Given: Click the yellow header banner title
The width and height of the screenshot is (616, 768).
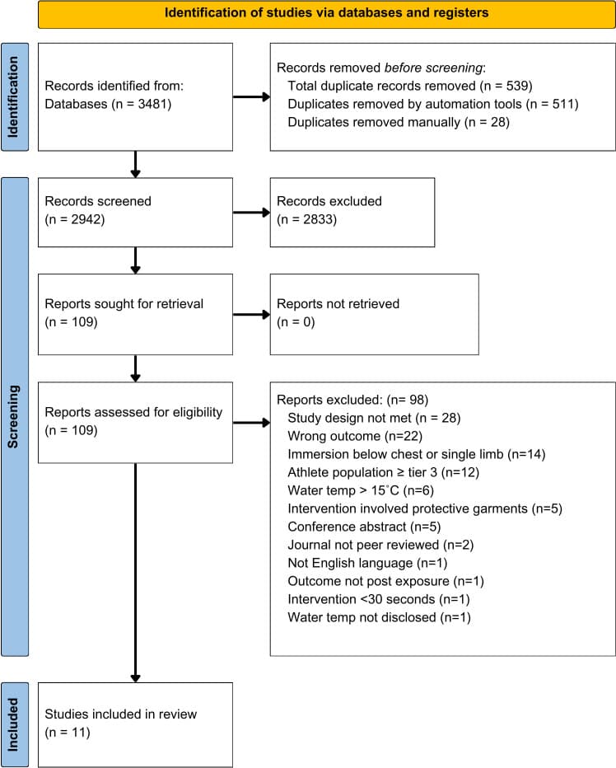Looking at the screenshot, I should tap(326, 13).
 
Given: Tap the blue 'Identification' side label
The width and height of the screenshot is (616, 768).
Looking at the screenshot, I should tap(15, 97).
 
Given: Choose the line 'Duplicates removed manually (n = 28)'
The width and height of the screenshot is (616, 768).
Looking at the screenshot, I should tap(399, 121).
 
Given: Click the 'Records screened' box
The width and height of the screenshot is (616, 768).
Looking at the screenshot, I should tap(135, 211).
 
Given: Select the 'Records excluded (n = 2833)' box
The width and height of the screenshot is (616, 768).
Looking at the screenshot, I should tap(352, 211).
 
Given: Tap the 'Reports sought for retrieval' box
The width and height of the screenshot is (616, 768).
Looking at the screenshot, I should tap(135, 313).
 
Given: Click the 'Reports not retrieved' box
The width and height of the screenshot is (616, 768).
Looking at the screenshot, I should tap(374, 313).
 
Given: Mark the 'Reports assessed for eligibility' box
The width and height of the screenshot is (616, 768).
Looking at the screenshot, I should tap(135, 423).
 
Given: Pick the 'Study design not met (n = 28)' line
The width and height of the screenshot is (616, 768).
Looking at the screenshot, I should tap(374, 418).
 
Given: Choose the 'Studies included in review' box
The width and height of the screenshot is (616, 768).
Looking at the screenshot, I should tap(135, 724).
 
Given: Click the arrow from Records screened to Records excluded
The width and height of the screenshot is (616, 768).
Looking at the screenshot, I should tap(251, 212).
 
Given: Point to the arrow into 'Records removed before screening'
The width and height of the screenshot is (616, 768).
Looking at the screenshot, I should tap(251, 97).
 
